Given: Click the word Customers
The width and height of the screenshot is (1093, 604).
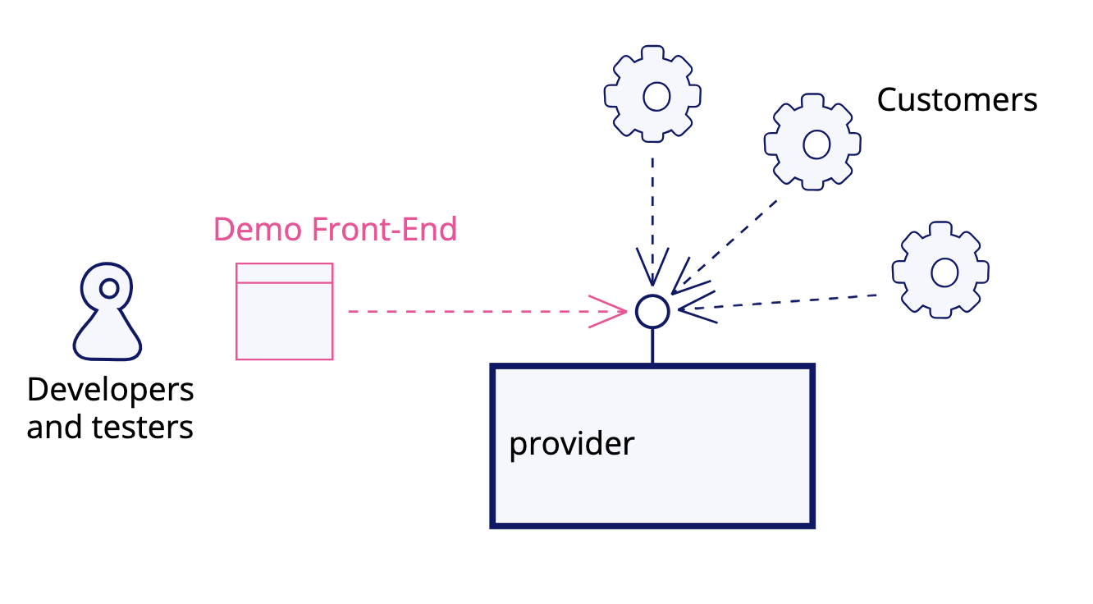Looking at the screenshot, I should tap(957, 100).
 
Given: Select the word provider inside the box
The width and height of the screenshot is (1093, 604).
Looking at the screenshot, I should tap(572, 444).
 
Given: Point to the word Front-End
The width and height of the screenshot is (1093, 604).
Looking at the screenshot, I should tap(384, 230).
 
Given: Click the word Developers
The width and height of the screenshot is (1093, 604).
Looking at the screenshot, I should tap(110, 389).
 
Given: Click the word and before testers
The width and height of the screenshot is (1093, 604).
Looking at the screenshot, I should tap(54, 428).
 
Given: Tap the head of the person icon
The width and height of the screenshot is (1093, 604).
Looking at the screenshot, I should tap(107, 287).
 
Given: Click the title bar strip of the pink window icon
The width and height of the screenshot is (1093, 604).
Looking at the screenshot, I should tap(284, 272).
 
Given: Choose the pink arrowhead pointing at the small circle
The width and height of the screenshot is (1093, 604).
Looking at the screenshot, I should tap(611, 312).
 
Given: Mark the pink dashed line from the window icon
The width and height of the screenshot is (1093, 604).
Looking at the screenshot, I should tap(468, 312).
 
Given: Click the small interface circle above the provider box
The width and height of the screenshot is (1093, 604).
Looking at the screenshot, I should tap(652, 311).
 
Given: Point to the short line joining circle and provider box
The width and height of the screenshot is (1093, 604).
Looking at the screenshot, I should tap(652, 345).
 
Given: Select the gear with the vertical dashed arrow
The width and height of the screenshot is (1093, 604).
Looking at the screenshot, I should tap(652, 95).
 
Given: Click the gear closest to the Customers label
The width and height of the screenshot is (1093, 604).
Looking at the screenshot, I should tap(812, 143).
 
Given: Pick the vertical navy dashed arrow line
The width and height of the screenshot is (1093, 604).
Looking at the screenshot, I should tap(652, 205).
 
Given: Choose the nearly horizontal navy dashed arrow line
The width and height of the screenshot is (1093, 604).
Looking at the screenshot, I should tap(788, 302).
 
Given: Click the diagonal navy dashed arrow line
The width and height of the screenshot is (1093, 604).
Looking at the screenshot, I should tap(730, 238).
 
